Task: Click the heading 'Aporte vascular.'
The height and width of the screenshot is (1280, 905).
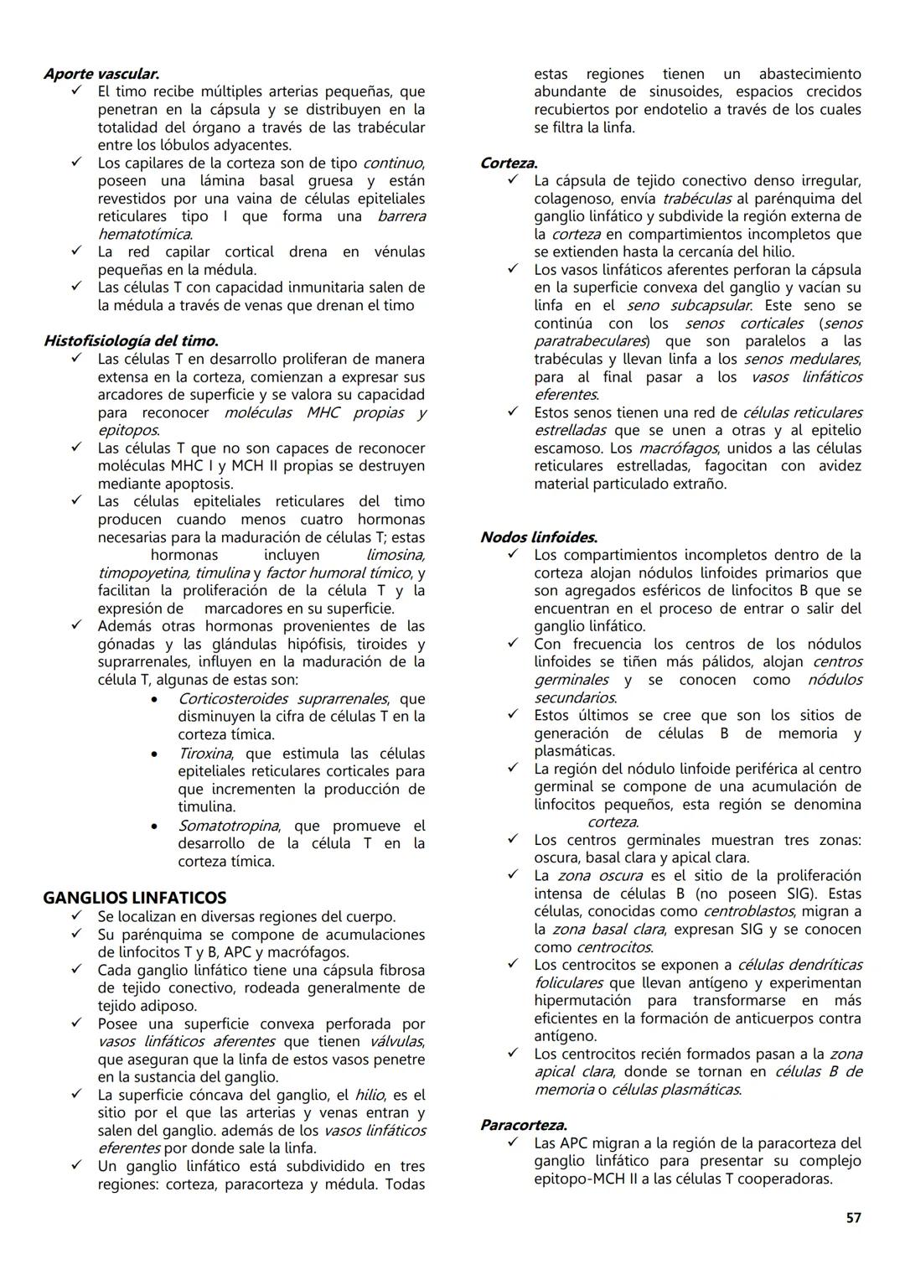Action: click(x=101, y=74)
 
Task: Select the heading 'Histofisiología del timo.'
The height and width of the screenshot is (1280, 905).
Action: click(x=131, y=341)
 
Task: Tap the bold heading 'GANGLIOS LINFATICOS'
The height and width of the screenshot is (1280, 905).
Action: click(x=134, y=898)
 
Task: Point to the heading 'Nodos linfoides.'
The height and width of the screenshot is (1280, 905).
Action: click(x=538, y=537)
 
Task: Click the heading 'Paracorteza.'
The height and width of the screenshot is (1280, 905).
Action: click(x=523, y=1125)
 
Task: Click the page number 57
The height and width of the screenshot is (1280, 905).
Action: click(x=853, y=1218)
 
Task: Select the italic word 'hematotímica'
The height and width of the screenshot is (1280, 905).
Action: click(x=144, y=234)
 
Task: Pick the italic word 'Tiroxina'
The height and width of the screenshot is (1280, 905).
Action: click(x=204, y=754)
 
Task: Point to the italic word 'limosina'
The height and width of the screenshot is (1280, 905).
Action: click(x=395, y=555)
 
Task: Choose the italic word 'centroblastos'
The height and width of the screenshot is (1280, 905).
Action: click(x=749, y=911)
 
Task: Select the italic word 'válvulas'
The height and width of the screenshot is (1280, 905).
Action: click(x=396, y=1042)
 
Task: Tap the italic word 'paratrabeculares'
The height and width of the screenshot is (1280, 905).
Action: click(x=589, y=341)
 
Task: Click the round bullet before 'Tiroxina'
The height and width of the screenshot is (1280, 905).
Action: click(x=153, y=754)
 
